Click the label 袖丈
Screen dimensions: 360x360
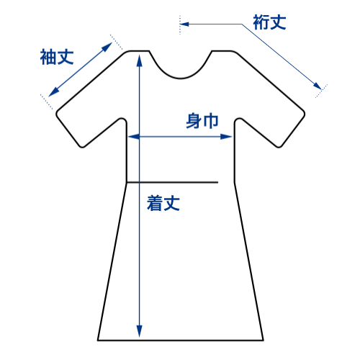tap(57, 57)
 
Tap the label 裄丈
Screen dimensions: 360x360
tap(269, 22)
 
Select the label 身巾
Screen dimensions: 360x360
tap(202, 121)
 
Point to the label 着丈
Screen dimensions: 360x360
tap(163, 203)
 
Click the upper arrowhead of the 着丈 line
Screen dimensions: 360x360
tap(139, 60)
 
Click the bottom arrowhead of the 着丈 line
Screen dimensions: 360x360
tap(139, 331)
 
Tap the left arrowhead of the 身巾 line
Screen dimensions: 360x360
tap(134, 137)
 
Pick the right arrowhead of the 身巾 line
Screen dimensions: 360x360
tap(226, 137)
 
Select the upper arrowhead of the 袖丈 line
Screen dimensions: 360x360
tap(107, 47)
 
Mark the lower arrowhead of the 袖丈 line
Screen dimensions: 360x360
tap(53, 92)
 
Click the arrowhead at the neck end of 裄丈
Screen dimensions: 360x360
tap(184, 24)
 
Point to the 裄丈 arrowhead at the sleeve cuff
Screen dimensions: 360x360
tap(318, 86)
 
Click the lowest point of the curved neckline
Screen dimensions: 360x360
tap(181, 78)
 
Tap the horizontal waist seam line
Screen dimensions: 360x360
tap(172, 182)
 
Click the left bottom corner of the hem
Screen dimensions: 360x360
tap(98, 340)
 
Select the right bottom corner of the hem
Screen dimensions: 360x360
tap(264, 340)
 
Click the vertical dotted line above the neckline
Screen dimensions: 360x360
tap(180, 25)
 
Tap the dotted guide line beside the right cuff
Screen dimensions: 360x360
tap(321, 91)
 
